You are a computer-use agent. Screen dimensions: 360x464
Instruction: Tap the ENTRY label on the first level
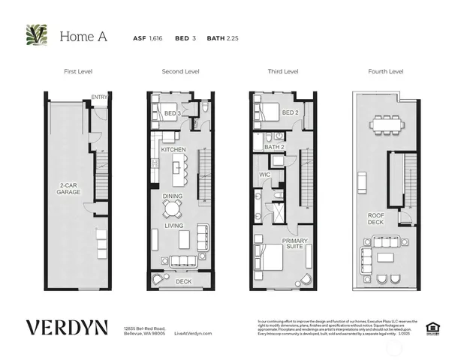pos(99,97)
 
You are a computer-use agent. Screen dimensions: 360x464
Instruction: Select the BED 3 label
pos(173,112)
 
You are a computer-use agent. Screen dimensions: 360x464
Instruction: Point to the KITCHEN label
pos(173,150)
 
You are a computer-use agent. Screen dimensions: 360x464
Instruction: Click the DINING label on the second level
pos(173,196)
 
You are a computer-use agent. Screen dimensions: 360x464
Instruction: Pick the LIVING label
pos(173,224)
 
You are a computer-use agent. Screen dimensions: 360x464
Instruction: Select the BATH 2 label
pos(274,147)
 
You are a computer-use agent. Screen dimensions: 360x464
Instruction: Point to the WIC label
pos(264,174)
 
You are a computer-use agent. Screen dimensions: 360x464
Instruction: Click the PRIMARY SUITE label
pos(295,244)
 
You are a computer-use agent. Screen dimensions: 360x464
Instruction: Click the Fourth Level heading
pos(385,71)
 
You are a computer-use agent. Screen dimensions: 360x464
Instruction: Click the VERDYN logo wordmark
pos(67,328)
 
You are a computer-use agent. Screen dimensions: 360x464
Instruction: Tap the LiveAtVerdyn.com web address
pos(193,333)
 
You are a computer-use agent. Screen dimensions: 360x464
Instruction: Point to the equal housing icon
pos(432,327)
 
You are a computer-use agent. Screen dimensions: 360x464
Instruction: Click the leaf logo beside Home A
pos(36,35)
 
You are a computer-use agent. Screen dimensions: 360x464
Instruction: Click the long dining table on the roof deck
pos(387,124)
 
